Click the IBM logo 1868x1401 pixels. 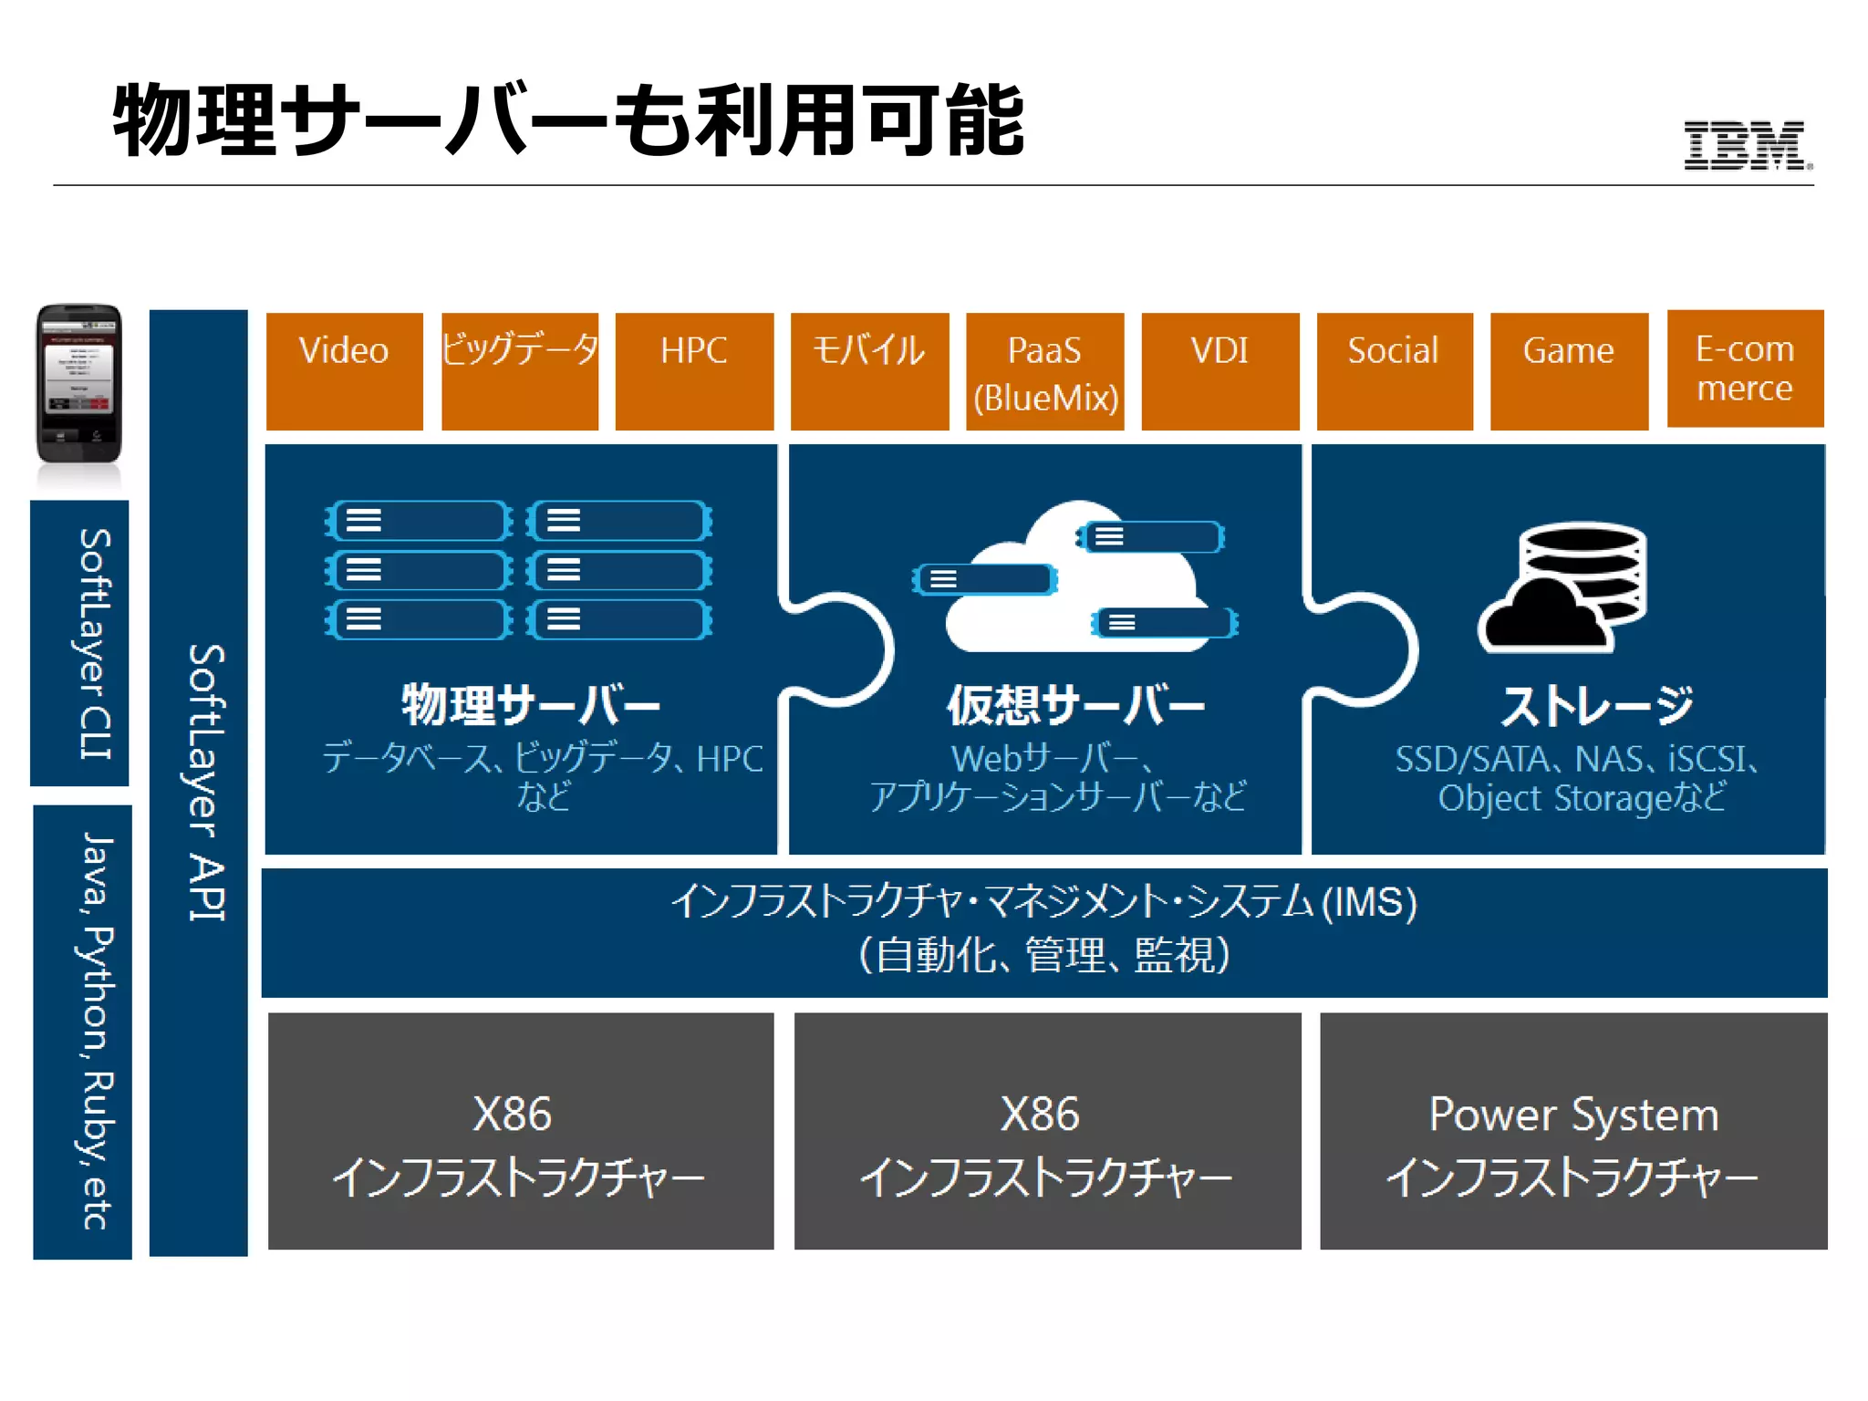[1746, 145]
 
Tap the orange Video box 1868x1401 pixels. [344, 370]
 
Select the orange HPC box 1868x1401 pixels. [694, 370]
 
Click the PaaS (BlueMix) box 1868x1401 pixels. [1044, 372]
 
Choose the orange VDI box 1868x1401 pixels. [1219, 370]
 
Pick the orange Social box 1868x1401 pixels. [1394, 370]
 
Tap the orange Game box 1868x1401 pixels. [1569, 370]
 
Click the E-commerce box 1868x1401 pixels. [1745, 368]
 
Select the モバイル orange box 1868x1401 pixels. [869, 370]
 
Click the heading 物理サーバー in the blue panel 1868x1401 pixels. [531, 704]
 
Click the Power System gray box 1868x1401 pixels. [1573, 1131]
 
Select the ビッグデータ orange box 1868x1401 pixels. [520, 370]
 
